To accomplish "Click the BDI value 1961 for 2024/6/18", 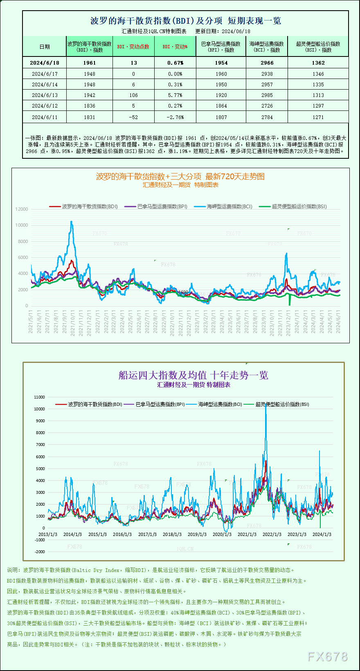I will tap(89, 63).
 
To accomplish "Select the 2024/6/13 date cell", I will tap(45, 95).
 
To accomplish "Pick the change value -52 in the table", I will tap(133, 117).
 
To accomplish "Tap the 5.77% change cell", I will tap(175, 95).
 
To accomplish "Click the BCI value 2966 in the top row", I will tap(267, 63).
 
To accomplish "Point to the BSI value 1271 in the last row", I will tap(318, 117).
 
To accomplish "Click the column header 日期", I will tap(45, 47).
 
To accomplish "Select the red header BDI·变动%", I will tap(175, 47).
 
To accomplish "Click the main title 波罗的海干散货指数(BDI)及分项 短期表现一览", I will tap(185, 21).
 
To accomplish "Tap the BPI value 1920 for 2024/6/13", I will tap(221, 95).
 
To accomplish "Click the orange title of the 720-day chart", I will tap(180, 176).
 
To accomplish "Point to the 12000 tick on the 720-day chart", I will tap(22, 209).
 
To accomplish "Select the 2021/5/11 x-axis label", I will tap(31, 322).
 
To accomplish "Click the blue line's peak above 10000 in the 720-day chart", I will tap(72, 222).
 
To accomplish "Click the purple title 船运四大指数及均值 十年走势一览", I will tap(193, 375).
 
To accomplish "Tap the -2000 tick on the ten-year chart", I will tap(40, 552).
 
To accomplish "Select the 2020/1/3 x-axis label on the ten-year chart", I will tap(222, 534).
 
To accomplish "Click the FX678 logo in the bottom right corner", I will tap(327, 657).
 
